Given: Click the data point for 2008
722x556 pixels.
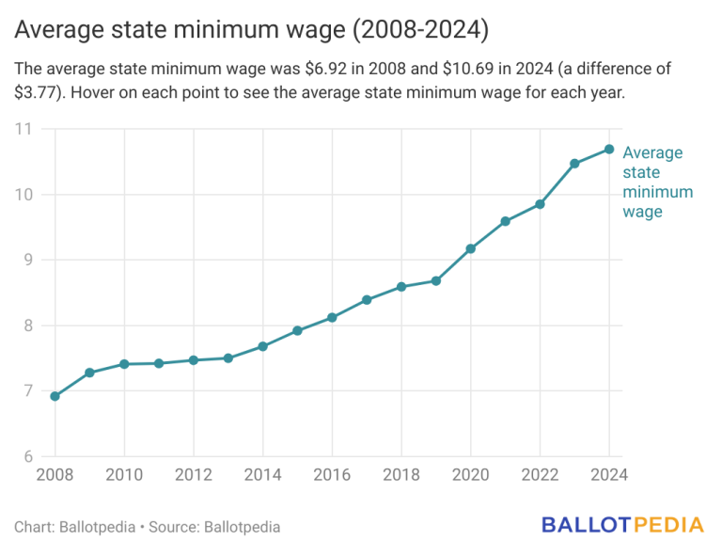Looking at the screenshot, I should [x=55, y=396].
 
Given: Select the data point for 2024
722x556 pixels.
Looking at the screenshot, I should [x=609, y=150].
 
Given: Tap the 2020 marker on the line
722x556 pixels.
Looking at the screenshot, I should [x=471, y=248].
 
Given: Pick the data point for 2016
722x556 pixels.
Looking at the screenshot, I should [x=332, y=318].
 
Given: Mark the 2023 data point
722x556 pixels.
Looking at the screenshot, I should [x=574, y=164].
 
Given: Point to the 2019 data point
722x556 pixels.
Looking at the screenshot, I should [x=436, y=280].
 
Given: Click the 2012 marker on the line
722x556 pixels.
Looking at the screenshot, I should [x=194, y=360].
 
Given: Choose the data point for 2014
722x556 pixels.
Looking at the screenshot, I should [x=263, y=346].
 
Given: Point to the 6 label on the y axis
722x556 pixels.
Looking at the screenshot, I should [x=27, y=457].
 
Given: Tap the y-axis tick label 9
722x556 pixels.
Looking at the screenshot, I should [x=27, y=261].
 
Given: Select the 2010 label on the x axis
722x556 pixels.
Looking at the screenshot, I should [x=124, y=475].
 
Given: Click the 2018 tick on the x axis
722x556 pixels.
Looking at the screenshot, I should [x=401, y=475].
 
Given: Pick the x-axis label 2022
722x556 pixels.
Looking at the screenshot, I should [x=540, y=475].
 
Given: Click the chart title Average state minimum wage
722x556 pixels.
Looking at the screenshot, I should [x=251, y=30].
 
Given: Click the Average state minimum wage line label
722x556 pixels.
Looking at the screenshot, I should [x=657, y=182].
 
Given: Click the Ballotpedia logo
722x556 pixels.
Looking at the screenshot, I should [x=621, y=525].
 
